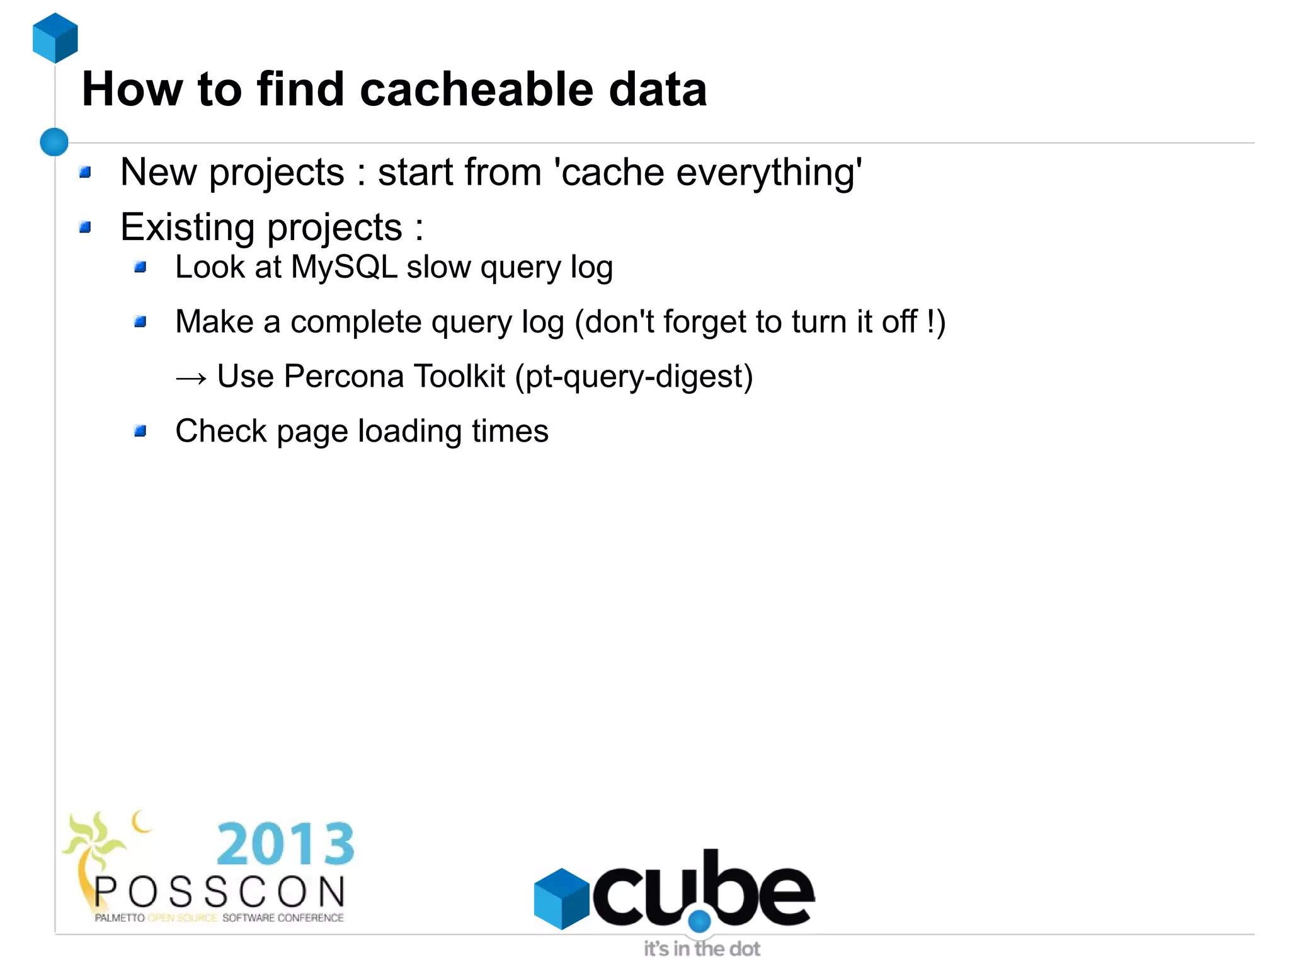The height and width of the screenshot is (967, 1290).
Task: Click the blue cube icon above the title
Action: click(x=55, y=38)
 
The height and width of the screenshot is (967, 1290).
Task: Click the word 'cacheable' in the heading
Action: click(x=476, y=89)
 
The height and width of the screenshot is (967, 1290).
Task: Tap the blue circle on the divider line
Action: click(x=54, y=142)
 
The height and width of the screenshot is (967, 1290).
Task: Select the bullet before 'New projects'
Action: click(x=86, y=172)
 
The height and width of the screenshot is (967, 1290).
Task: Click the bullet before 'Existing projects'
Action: click(x=86, y=227)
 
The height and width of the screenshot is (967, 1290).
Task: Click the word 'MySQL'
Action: click(x=344, y=267)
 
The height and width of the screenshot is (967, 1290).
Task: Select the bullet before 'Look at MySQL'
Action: click(x=140, y=268)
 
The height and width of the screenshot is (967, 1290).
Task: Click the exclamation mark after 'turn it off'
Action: click(x=931, y=321)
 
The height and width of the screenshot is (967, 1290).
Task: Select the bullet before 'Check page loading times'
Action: click(x=140, y=432)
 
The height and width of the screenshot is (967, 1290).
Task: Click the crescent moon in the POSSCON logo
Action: click(x=141, y=821)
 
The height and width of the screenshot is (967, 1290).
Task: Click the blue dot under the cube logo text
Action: click(x=699, y=921)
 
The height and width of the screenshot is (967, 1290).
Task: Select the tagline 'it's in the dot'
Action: click(x=702, y=949)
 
